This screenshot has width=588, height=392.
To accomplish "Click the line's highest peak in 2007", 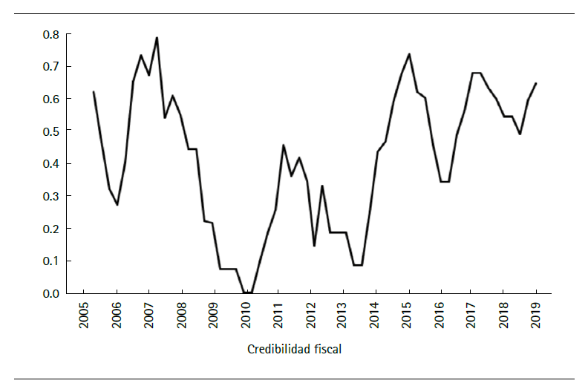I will coord(157,38).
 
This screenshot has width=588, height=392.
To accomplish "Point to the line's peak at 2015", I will coord(409,54).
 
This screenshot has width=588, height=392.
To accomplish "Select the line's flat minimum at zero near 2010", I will coord(248,293).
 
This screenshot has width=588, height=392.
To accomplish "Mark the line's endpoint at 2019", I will coord(535,83).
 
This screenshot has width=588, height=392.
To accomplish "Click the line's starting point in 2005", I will coord(94,92).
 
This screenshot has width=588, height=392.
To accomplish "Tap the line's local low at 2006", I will coord(117,204).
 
